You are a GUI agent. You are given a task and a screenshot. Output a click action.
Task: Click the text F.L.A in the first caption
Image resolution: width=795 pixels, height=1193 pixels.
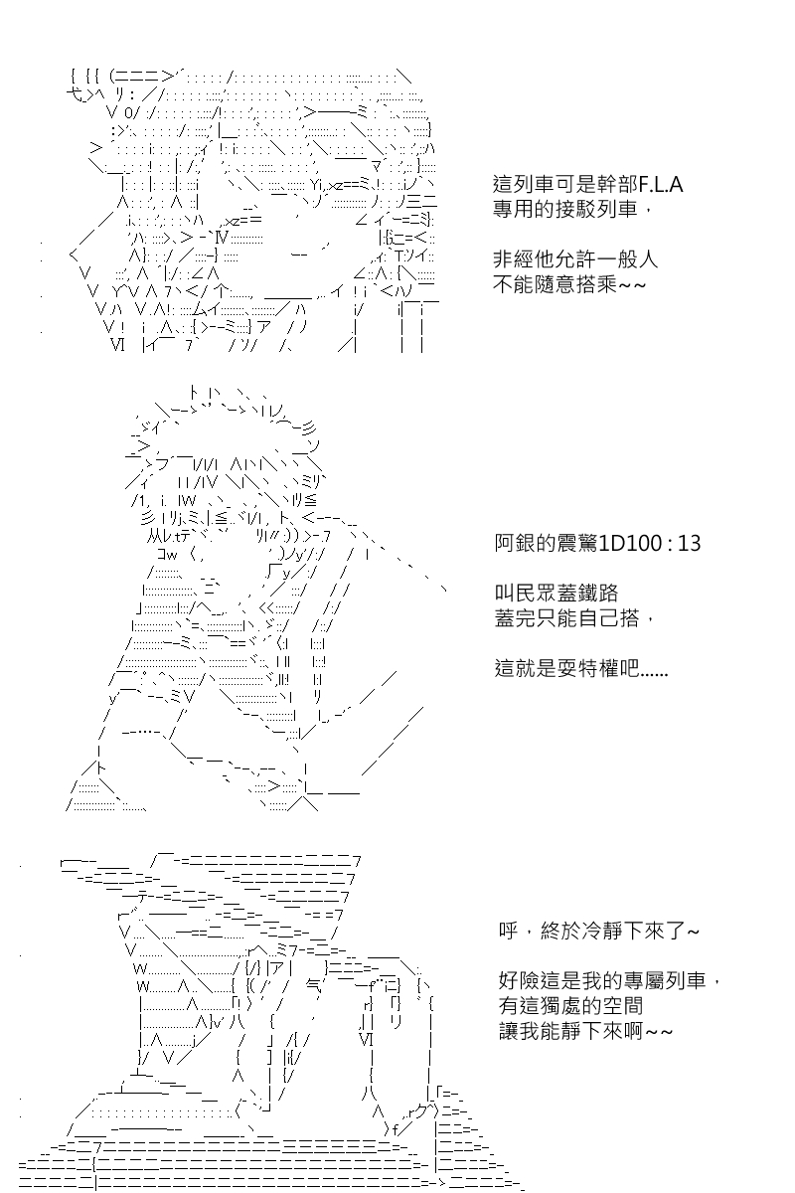pos(661,184)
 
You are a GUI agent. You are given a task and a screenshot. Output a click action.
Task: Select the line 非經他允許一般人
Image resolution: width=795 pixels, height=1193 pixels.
pos(575,259)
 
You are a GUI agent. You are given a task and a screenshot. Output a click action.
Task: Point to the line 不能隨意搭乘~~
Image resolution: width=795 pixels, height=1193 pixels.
pos(569,284)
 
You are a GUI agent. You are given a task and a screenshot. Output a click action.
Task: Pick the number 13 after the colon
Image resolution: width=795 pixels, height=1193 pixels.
pos(690,543)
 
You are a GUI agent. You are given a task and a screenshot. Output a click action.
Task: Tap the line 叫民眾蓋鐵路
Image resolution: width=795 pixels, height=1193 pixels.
pos(556,593)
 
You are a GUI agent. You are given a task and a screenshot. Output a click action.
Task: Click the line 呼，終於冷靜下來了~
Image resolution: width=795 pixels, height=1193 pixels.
pos(599,931)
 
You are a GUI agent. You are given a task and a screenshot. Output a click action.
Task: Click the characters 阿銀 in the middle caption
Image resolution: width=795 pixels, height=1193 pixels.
pos(515,543)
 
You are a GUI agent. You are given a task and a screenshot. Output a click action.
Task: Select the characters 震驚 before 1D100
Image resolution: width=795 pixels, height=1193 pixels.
pos(577,543)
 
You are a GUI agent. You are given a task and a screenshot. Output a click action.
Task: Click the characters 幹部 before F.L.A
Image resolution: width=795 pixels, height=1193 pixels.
pos(617,184)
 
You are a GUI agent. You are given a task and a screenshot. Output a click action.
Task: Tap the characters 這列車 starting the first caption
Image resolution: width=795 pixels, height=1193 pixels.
pos(524,184)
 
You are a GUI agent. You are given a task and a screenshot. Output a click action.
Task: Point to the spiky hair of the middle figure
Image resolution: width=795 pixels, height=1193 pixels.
pos(224,442)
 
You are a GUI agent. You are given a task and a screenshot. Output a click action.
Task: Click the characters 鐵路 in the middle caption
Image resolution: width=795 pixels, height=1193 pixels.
pos(598,593)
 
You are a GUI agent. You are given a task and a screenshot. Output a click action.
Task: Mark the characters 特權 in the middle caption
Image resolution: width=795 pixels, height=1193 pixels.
pos(598,668)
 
